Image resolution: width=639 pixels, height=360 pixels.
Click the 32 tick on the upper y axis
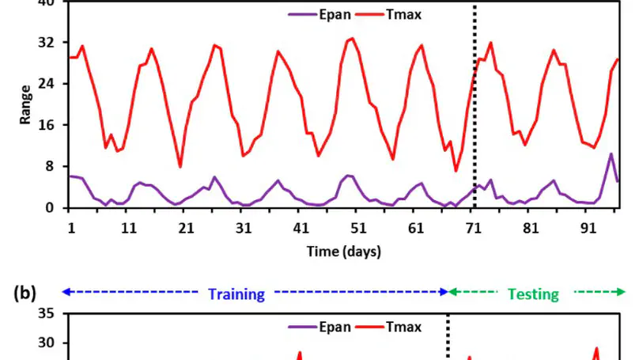[x=53, y=42]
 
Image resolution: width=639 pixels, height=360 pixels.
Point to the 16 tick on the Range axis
[x=53, y=125]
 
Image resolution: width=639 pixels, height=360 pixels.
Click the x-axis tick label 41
[x=301, y=227]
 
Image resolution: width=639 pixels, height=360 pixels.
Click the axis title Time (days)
[x=343, y=252]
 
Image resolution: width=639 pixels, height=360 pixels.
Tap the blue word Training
[x=236, y=294]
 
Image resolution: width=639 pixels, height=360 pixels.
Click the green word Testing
[x=532, y=294]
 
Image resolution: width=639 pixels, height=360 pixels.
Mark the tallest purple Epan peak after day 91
[x=611, y=154]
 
